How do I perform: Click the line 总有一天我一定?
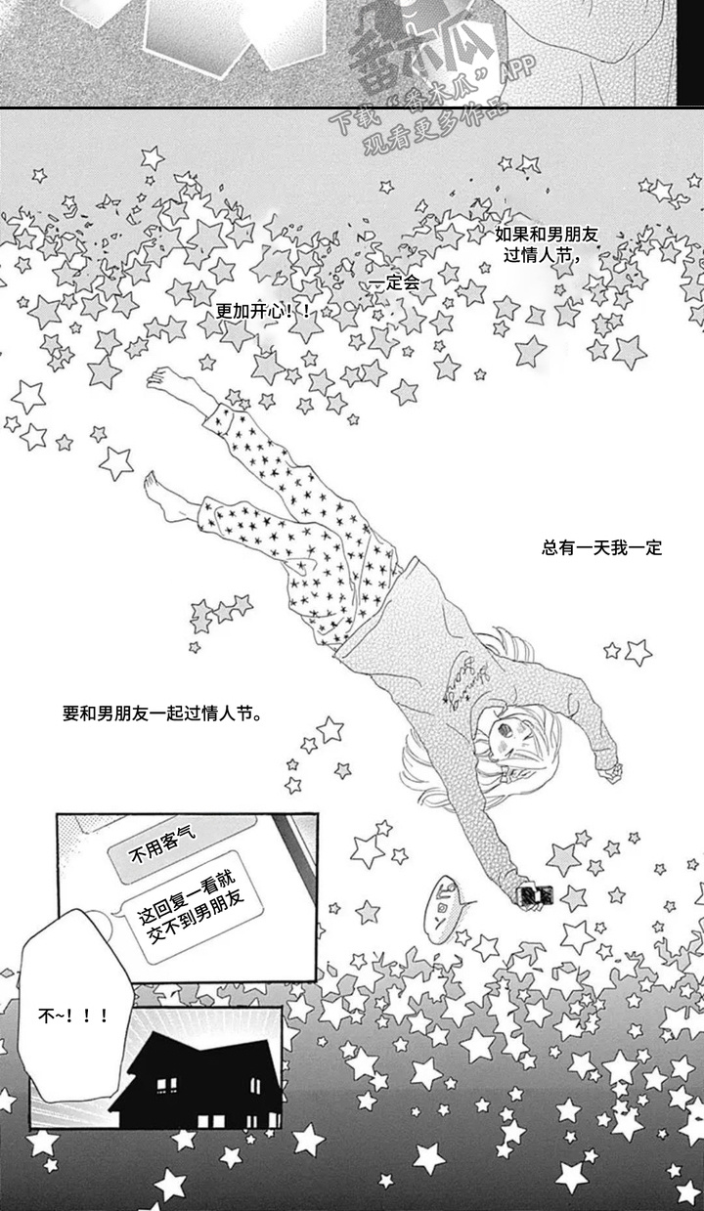pos(601,547)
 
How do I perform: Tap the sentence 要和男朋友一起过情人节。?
pos(161,714)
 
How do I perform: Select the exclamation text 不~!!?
pos(73,1017)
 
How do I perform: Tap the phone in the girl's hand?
pos(535,893)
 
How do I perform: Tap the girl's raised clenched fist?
pos(610,772)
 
